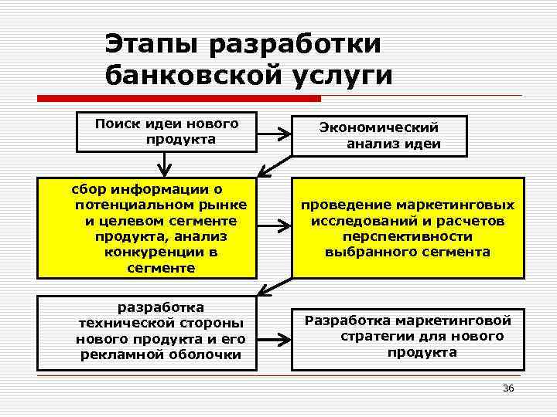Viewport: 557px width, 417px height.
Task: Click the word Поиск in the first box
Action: coord(116,123)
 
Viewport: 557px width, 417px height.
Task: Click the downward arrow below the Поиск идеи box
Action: coord(164,163)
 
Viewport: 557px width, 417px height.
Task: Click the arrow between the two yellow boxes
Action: coord(273,227)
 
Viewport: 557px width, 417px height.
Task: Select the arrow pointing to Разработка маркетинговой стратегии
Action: coord(273,338)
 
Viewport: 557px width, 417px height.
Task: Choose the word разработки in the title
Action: coord(296,43)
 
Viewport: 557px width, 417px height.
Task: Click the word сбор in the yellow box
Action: coord(91,188)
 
